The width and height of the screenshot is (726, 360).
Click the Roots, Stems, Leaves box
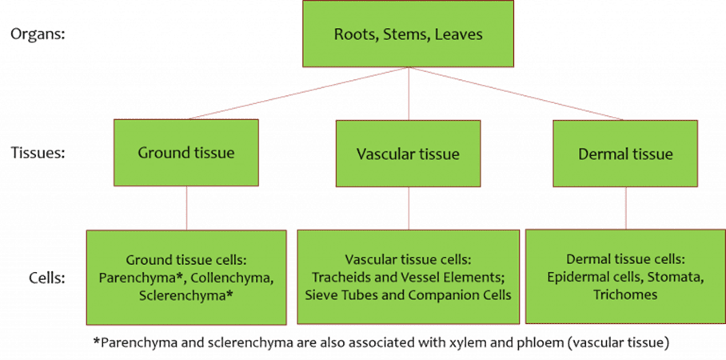coord(408,34)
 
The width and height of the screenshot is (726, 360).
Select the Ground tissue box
coord(185,154)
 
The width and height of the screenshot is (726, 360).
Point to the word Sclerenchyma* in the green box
coord(185,294)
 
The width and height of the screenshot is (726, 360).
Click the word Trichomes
coord(625,294)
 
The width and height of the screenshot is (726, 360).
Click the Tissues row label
coord(37,153)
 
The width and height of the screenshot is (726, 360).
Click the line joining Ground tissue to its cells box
coord(186,208)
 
